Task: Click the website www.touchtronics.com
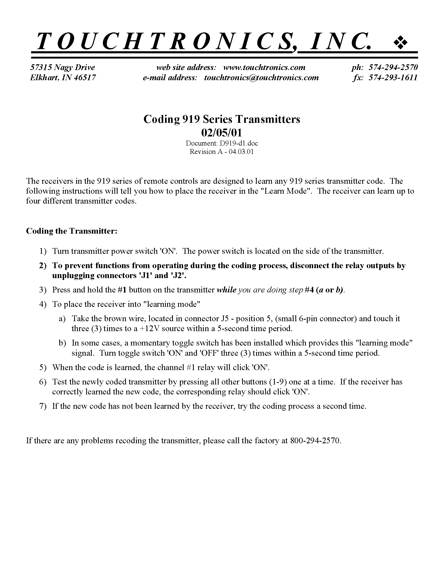tap(264, 67)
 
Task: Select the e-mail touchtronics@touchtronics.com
tap(261, 78)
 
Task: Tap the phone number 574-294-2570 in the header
tap(393, 67)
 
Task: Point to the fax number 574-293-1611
tap(393, 78)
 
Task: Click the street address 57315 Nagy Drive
tap(63, 67)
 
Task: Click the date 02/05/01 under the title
tap(221, 133)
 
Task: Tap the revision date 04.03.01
tap(241, 152)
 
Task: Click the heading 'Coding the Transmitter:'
tap(72, 231)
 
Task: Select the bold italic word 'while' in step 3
tap(226, 290)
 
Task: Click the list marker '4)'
tap(43, 304)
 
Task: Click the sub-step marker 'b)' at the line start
tap(62, 343)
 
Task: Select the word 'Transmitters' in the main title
tap(267, 119)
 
